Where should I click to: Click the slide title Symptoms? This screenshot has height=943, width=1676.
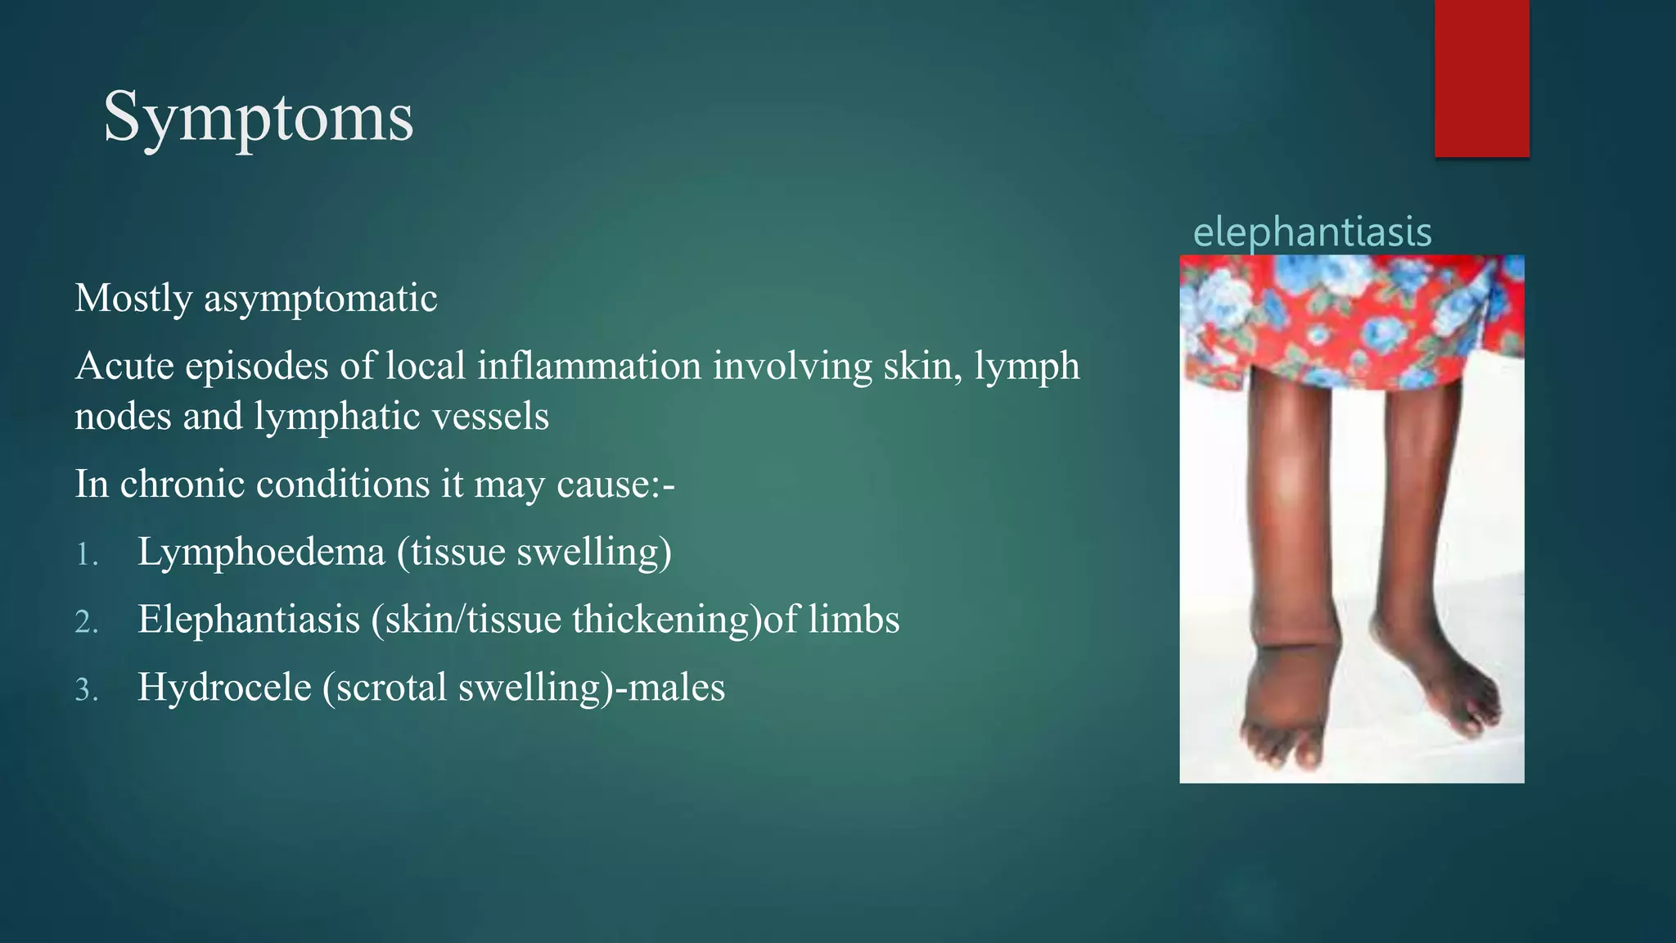[258, 118]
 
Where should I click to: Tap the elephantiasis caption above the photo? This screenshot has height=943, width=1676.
[1312, 232]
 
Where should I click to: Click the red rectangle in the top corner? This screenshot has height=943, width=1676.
[1481, 78]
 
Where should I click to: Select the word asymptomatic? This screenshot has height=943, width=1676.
[320, 298]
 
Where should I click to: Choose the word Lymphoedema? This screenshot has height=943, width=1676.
[261, 552]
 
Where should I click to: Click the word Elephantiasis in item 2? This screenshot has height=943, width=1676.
[249, 620]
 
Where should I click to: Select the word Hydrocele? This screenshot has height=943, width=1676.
[224, 688]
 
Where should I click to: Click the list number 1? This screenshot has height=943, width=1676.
[86, 555]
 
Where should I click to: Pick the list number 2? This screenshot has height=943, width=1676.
[86, 623]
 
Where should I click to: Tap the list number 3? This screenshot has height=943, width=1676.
[86, 691]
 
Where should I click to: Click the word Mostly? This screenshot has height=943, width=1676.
[133, 298]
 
